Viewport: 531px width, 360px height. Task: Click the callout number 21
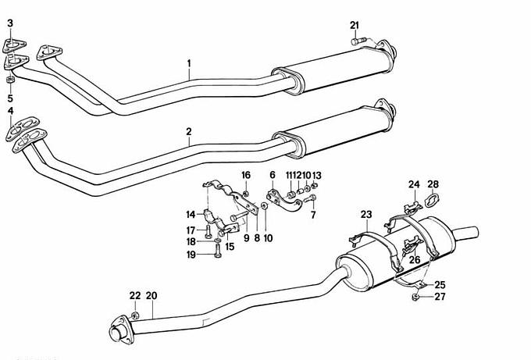tap(355, 26)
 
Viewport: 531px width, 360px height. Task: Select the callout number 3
tap(10, 23)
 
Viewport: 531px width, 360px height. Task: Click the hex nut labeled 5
tap(10, 80)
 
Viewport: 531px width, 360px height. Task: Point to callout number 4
tap(10, 111)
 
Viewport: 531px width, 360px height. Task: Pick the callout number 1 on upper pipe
tap(189, 63)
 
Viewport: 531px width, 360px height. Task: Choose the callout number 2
tap(189, 131)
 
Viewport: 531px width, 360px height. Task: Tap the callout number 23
tap(366, 215)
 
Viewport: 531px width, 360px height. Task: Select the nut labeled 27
tap(415, 297)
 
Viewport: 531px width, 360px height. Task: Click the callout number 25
tap(440, 285)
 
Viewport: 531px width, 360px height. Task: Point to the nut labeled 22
tap(135, 315)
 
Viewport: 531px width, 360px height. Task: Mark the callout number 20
tap(151, 296)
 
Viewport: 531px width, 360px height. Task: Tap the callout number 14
tap(191, 215)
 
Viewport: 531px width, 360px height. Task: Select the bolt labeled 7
tap(310, 199)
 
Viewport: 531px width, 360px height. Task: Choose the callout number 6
tap(273, 175)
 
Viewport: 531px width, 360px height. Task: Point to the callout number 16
tap(246, 175)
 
